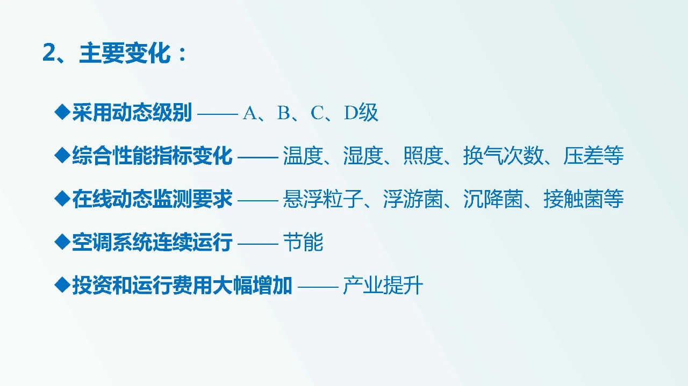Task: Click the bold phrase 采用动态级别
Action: (x=132, y=113)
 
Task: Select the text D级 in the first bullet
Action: (x=361, y=113)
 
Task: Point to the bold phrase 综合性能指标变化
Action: (x=152, y=156)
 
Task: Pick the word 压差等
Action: (x=593, y=156)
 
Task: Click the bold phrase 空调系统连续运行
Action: (x=152, y=243)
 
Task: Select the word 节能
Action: (x=303, y=243)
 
